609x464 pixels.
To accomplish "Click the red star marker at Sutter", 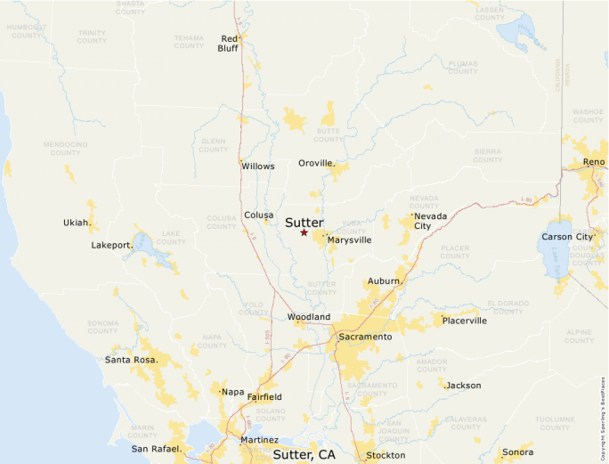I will [304, 232].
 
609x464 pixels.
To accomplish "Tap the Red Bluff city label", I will [229, 44].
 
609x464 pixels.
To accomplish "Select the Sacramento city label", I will [365, 337].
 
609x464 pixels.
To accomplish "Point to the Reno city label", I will [594, 161].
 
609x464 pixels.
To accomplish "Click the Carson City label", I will [567, 237].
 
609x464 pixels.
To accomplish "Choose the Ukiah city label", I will [76, 223].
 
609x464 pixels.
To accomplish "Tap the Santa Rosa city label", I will [131, 360].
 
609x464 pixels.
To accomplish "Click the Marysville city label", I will [349, 240].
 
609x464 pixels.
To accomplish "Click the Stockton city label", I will [385, 456].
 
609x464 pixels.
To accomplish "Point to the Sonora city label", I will [517, 452].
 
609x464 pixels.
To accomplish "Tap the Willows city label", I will [257, 167].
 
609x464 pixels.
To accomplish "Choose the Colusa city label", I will [258, 215].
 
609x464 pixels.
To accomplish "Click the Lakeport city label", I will [112, 245].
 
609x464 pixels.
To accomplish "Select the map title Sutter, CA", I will [304, 454].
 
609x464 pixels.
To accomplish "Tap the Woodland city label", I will [308, 317].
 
